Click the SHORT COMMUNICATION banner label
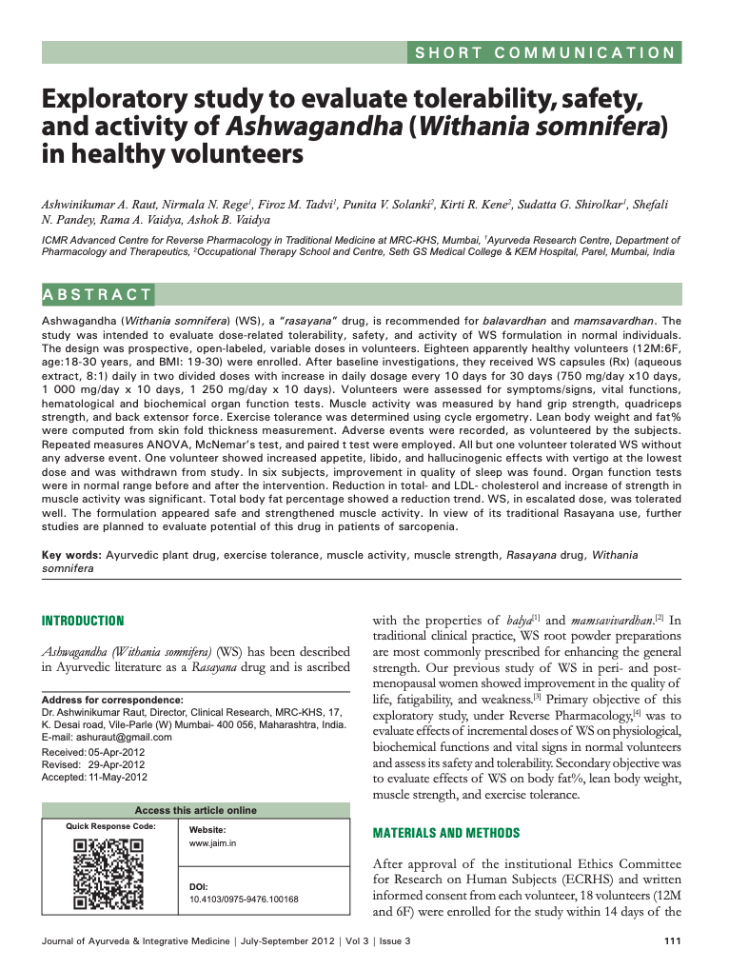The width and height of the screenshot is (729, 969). [x=545, y=53]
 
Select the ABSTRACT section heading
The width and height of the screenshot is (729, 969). [x=98, y=294]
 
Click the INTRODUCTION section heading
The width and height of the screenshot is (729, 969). [x=82, y=621]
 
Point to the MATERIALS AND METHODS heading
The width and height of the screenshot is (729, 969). [x=445, y=833]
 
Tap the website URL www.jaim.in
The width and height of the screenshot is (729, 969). [x=213, y=843]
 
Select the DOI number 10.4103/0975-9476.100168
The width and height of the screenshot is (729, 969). [x=244, y=899]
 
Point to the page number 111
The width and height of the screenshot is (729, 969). [x=670, y=942]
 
